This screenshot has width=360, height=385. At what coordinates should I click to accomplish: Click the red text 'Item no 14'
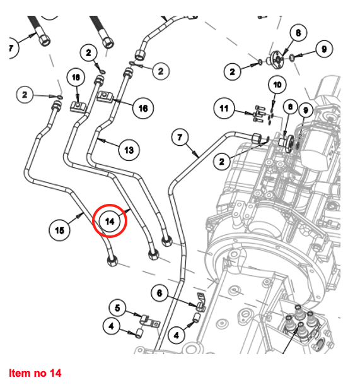[35, 373]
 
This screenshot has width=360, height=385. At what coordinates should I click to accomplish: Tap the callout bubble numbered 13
[129, 150]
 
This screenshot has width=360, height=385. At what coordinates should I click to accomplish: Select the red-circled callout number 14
[110, 222]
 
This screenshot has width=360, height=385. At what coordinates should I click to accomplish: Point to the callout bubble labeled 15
[60, 230]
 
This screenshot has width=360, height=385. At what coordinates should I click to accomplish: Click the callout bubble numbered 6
[160, 293]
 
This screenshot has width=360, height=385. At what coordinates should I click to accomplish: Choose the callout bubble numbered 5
[117, 308]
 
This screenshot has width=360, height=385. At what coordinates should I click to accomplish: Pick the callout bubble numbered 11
[224, 108]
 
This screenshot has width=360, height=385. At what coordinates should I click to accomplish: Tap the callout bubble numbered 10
[277, 85]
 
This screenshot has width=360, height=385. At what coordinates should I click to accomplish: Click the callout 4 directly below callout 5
[112, 326]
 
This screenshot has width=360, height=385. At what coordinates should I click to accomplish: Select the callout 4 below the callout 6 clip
[177, 335]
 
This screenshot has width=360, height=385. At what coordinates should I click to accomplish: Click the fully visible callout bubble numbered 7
[180, 137]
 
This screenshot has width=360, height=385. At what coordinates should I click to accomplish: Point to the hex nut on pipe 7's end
[257, 138]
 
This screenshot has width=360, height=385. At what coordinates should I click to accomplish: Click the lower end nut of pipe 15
[112, 261]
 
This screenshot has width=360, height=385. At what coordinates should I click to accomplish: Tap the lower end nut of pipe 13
[166, 240]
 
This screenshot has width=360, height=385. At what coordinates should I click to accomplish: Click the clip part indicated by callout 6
[201, 302]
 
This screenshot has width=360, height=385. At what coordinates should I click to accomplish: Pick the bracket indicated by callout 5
[149, 322]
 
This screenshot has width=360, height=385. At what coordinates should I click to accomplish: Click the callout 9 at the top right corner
[324, 49]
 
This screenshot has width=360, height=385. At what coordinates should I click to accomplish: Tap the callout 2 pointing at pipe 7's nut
[222, 162]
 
